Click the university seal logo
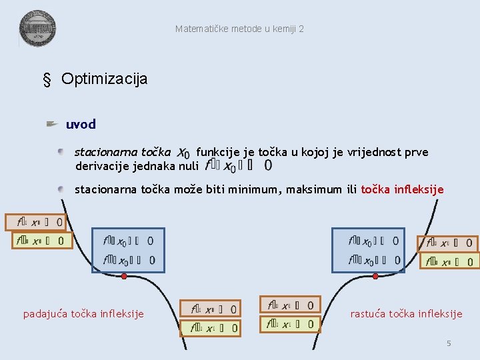click(x=37, y=29)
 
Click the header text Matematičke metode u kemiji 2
click(x=239, y=29)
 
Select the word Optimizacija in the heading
click(x=104, y=79)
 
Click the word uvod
click(x=81, y=124)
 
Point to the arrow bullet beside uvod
click(x=53, y=124)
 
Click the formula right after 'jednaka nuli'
click(x=238, y=165)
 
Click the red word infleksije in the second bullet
click(x=417, y=189)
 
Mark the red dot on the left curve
click(x=123, y=275)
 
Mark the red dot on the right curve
click(x=375, y=275)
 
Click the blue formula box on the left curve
click(x=127, y=250)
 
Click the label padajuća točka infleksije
click(x=83, y=313)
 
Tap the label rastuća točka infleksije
click(x=406, y=313)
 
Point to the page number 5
click(x=449, y=343)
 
